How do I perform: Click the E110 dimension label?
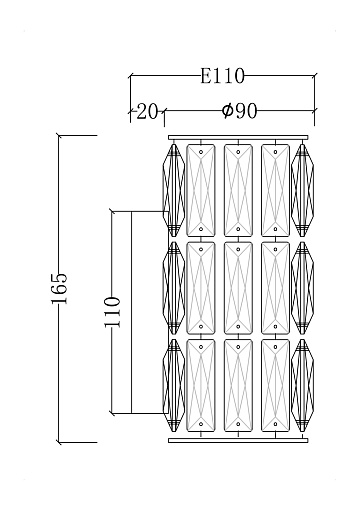[x=222, y=76]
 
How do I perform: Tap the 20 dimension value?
[x=147, y=111]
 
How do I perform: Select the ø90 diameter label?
[x=239, y=111]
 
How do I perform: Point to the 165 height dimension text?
[x=60, y=289]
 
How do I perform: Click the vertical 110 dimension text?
[x=112, y=312]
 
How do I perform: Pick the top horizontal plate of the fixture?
[x=238, y=137]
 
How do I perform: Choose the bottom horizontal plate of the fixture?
[x=238, y=441]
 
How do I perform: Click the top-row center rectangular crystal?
[x=238, y=190]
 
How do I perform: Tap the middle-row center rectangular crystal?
[x=238, y=288]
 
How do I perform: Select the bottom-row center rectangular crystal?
[x=238, y=385]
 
